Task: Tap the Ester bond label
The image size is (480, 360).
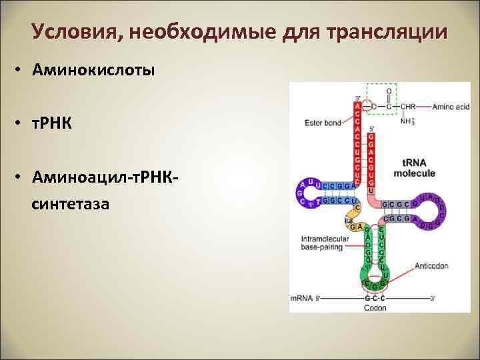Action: click(323, 123)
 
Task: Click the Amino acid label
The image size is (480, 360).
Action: click(453, 107)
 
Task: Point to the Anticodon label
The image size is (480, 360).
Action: click(431, 265)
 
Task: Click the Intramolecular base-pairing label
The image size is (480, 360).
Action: click(322, 243)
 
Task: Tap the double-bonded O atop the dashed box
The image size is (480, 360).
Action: click(389, 91)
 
